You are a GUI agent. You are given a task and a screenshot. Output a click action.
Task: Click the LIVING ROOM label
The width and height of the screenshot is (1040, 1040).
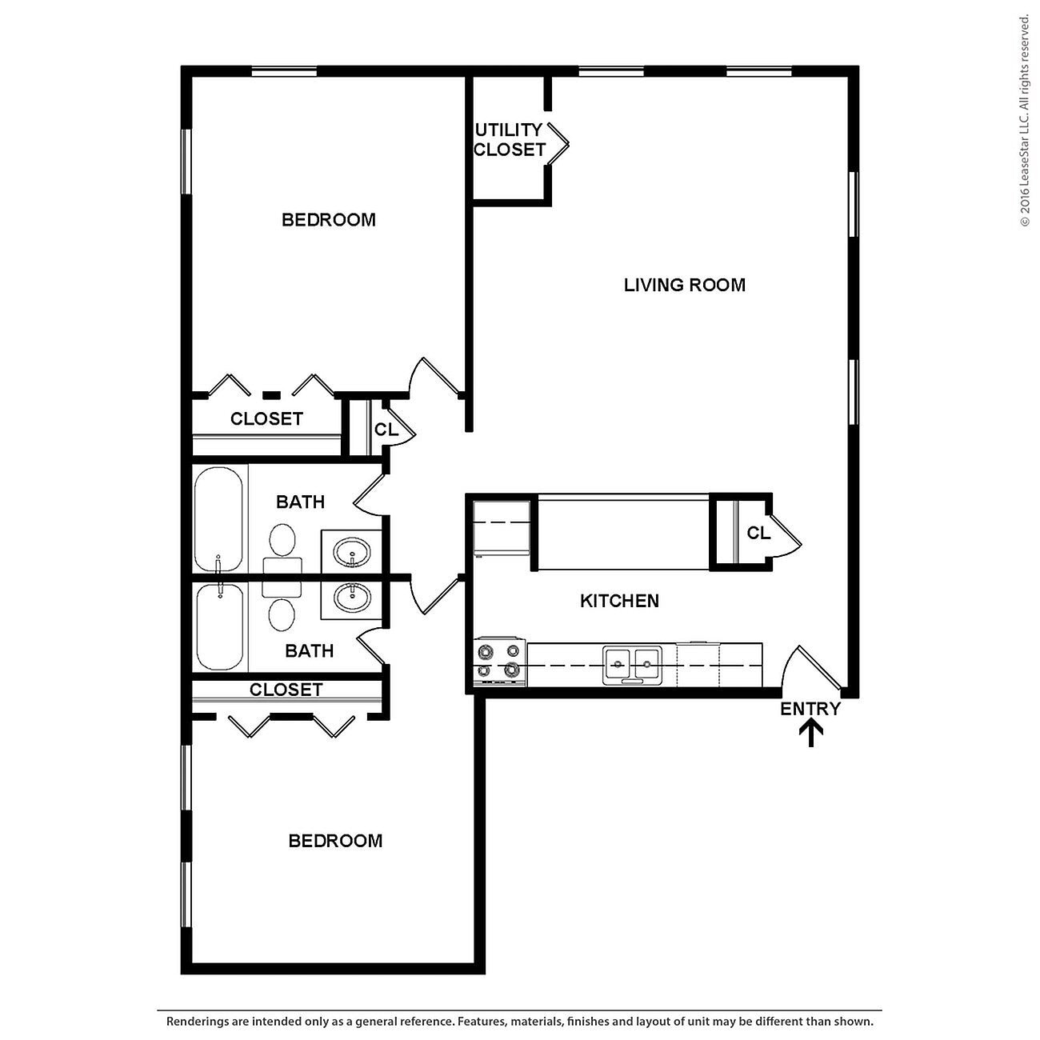[684, 285]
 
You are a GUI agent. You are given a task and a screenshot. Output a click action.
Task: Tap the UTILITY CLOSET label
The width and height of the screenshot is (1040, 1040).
[509, 139]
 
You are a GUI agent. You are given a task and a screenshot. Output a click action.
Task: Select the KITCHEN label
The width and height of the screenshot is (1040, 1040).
[619, 601]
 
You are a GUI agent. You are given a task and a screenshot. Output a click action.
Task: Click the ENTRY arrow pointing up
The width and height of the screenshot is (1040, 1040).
[811, 732]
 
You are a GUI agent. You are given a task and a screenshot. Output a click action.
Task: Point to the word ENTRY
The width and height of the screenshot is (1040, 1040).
[810, 709]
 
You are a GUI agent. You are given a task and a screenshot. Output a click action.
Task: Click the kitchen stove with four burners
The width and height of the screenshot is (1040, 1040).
[499, 662]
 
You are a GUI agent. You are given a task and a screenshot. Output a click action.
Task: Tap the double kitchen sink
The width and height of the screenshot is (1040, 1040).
[632, 664]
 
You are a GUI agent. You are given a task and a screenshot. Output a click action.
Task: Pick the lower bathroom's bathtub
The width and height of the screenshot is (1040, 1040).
[219, 626]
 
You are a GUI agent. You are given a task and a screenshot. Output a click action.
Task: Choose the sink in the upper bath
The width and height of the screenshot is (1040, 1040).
[351, 551]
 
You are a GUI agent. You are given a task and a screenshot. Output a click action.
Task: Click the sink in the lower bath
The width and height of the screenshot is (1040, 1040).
[351, 597]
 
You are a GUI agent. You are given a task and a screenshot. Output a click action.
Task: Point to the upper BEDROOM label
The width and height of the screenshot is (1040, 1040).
[328, 220]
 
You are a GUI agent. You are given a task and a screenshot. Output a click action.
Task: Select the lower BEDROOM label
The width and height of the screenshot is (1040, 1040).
[335, 841]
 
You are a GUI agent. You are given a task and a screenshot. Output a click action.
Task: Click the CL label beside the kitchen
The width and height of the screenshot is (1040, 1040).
[758, 533]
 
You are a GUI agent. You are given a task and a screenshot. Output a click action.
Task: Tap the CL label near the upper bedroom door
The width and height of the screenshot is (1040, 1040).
[386, 430]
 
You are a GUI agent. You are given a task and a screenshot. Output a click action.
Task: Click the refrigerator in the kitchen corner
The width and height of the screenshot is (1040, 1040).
[502, 528]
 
